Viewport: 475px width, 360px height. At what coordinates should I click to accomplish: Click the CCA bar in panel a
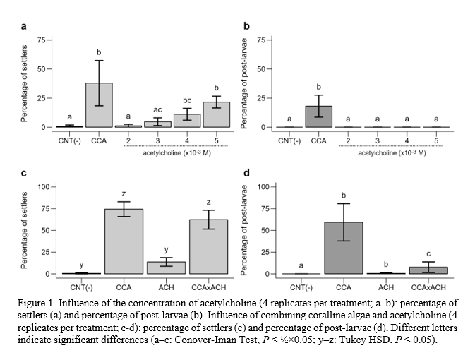(x=99, y=105)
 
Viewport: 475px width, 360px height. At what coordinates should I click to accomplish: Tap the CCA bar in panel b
(x=319, y=116)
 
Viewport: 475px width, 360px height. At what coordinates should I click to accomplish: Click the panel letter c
(x=25, y=173)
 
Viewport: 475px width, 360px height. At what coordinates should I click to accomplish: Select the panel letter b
(x=246, y=26)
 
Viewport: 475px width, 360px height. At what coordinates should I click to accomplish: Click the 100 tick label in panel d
(x=260, y=186)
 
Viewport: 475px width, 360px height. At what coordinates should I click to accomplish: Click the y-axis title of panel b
(x=245, y=81)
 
